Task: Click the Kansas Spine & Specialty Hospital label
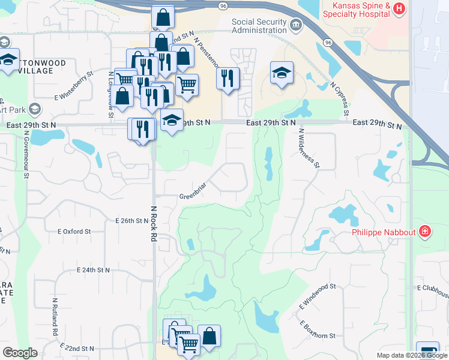point(358,10)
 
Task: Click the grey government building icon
point(295,25)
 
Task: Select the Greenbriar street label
point(193,196)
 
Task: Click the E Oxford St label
point(74,231)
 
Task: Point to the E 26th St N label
point(131,221)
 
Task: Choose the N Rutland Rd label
point(55,316)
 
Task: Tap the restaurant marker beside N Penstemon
point(228,79)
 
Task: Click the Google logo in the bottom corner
point(20,353)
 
